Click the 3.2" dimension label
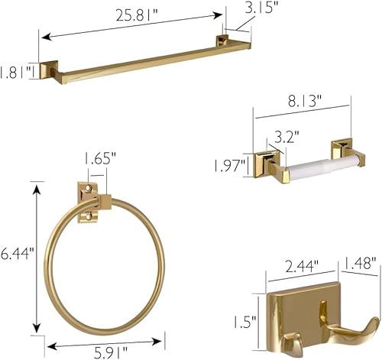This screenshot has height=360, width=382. point(286,138)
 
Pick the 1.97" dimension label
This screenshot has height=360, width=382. point(230,165)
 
